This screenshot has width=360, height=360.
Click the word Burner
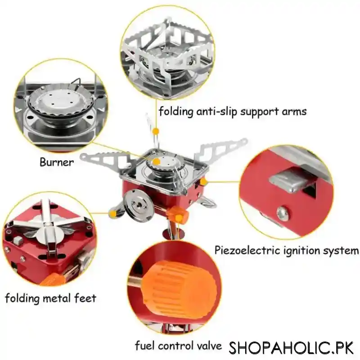(57, 162)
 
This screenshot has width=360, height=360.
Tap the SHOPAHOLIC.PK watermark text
(291, 348)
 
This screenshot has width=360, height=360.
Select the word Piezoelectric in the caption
(247, 250)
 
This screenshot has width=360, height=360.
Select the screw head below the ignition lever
(283, 213)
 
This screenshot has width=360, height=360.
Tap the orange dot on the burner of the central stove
(156, 162)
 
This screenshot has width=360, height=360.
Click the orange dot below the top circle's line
(156, 131)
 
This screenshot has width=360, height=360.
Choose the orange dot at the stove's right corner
(203, 182)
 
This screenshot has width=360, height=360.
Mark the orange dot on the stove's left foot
(113, 214)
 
